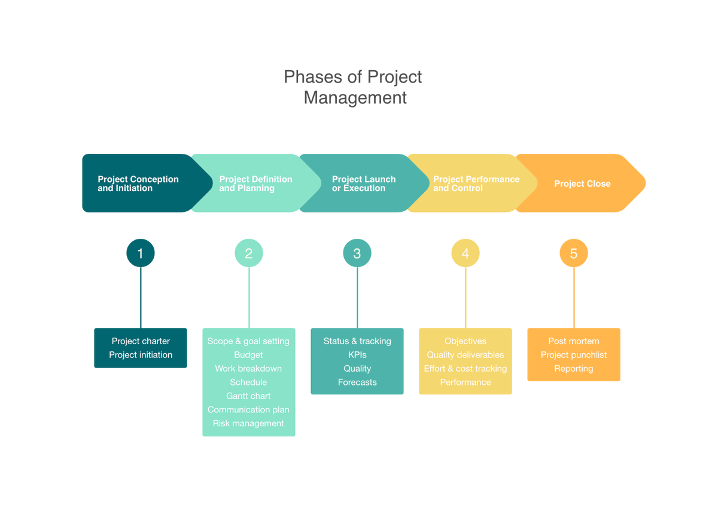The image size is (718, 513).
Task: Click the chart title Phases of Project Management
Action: click(x=354, y=87)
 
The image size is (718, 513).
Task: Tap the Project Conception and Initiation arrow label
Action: click(x=138, y=184)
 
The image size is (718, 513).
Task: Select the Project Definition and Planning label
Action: click(x=255, y=184)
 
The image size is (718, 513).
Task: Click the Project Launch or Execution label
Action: click(x=364, y=184)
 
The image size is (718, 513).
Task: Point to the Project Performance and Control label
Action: click(x=476, y=184)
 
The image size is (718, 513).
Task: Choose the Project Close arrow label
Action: click(x=582, y=184)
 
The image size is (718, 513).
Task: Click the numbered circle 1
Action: click(x=141, y=253)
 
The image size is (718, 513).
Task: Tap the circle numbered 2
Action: click(x=249, y=253)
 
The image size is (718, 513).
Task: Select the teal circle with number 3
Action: click(x=357, y=253)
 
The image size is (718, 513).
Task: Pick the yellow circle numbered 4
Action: click(x=466, y=253)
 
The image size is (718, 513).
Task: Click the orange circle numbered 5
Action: click(x=574, y=253)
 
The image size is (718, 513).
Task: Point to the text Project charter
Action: click(x=141, y=341)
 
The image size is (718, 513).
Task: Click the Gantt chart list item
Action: click(x=248, y=396)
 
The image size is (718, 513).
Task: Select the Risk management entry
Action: click(x=248, y=424)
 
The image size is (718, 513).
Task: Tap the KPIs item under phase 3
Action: click(x=357, y=355)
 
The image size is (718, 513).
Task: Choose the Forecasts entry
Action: click(x=357, y=383)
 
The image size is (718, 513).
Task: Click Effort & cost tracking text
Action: click(x=466, y=369)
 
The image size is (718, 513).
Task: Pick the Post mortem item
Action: click(x=574, y=341)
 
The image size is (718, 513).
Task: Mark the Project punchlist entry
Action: click(x=574, y=355)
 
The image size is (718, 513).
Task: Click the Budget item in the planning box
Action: click(x=248, y=355)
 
